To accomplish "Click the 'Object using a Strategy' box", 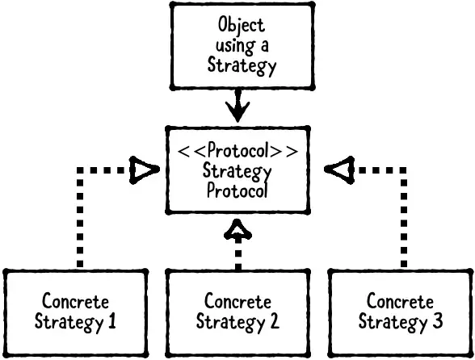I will click(x=241, y=45).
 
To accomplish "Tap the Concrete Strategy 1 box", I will click(x=75, y=312).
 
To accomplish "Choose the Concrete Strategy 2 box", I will click(x=237, y=312).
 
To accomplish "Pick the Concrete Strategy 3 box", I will click(x=401, y=312).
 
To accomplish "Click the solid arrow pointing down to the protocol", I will click(x=237, y=104).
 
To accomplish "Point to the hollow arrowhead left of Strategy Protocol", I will click(x=143, y=170).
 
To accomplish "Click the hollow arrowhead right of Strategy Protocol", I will click(x=335, y=170).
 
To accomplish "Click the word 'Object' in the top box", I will click(x=241, y=26).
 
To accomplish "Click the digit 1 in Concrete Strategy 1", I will click(x=111, y=322).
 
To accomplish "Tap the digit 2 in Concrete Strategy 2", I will click(x=274, y=322).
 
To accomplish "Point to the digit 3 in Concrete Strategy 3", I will click(x=437, y=322).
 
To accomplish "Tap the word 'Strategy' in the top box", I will click(x=241, y=65).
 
